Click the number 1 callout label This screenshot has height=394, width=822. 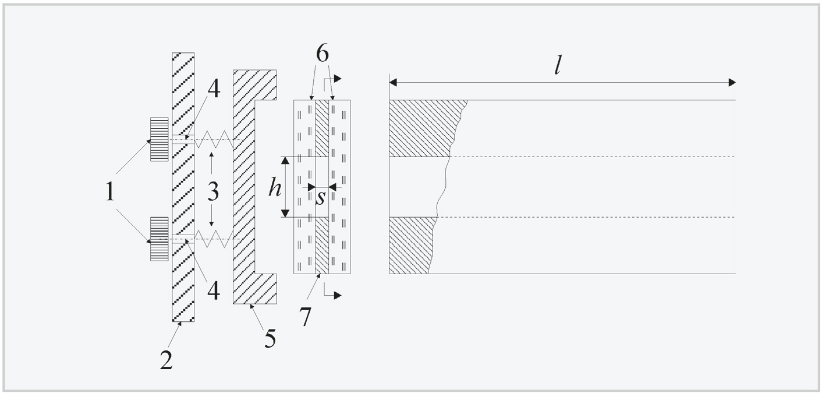click(110, 192)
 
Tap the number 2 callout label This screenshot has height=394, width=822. click(166, 360)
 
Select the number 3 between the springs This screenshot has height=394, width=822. click(213, 191)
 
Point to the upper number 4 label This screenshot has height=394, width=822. click(214, 89)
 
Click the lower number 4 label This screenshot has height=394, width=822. click(214, 292)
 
